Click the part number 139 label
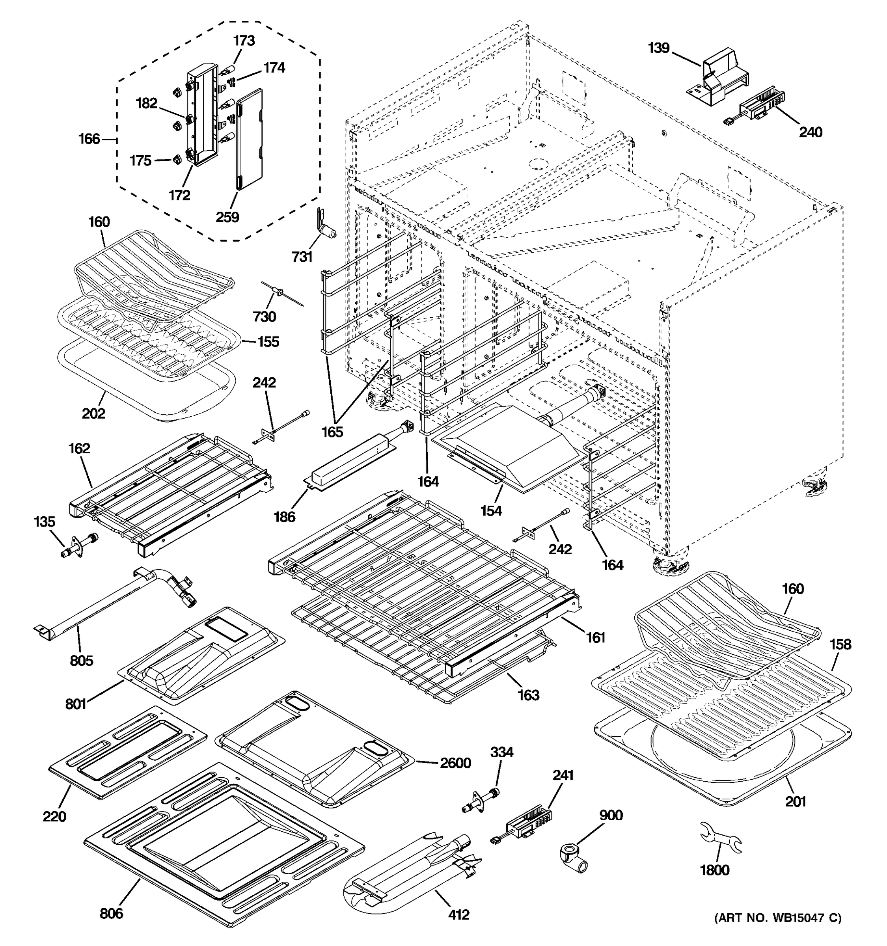pos(659,48)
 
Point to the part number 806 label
pos(111,913)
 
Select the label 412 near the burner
pos(458,914)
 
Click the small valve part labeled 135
pos(78,544)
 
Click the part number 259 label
pos(227,217)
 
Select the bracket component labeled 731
pos(324,226)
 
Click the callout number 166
pos(89,139)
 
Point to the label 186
pos(284,516)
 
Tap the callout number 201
pos(796,801)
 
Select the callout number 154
pos(491,510)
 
